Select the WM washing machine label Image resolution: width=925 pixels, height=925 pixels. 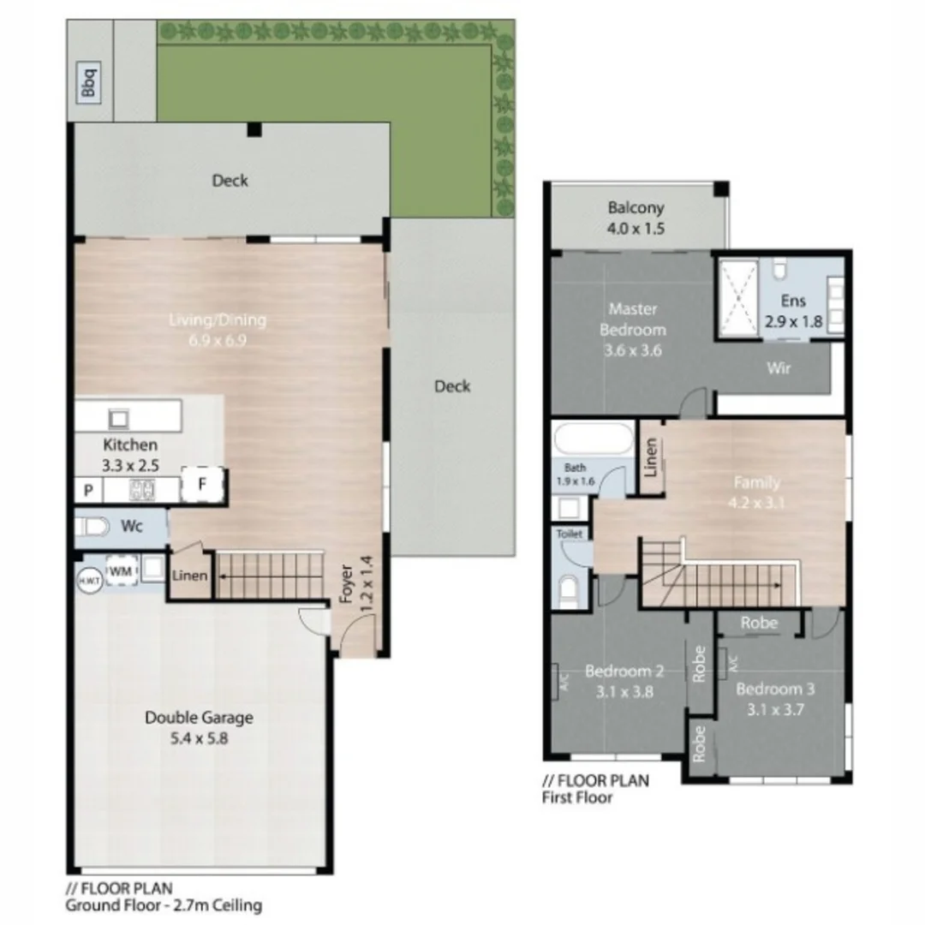coord(119,570)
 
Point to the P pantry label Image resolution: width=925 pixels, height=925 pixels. coord(87,492)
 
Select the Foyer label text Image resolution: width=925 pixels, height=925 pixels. coord(347,586)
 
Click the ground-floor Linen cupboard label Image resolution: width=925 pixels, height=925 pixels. coord(189,576)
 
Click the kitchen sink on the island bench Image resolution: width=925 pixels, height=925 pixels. coord(117,419)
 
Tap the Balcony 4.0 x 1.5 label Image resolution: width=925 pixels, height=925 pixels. coord(636,218)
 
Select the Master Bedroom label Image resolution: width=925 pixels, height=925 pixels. coord(632,319)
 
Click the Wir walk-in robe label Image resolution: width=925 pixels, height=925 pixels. coord(779,368)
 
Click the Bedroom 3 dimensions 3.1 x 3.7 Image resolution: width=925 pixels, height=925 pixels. coord(767,708)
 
